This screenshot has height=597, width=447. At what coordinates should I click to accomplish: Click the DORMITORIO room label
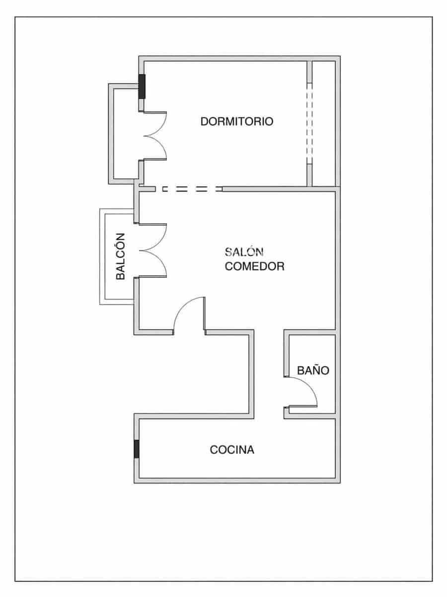coord(236,121)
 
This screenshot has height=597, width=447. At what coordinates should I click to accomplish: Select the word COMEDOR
coord(255,266)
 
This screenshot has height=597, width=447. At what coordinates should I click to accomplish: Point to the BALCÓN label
coord(120,256)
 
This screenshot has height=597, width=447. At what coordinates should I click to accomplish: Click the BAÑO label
coord(313,371)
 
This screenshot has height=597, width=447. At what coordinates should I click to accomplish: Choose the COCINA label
coord(232,450)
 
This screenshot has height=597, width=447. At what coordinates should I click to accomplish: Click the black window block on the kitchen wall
coord(137,449)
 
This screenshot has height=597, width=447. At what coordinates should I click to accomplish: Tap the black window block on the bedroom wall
coord(142,86)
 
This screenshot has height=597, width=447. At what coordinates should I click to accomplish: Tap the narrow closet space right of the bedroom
coord(323,122)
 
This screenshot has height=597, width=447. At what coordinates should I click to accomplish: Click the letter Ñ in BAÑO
coord(313,371)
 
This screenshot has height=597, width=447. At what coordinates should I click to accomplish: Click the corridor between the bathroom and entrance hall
coord(269,373)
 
